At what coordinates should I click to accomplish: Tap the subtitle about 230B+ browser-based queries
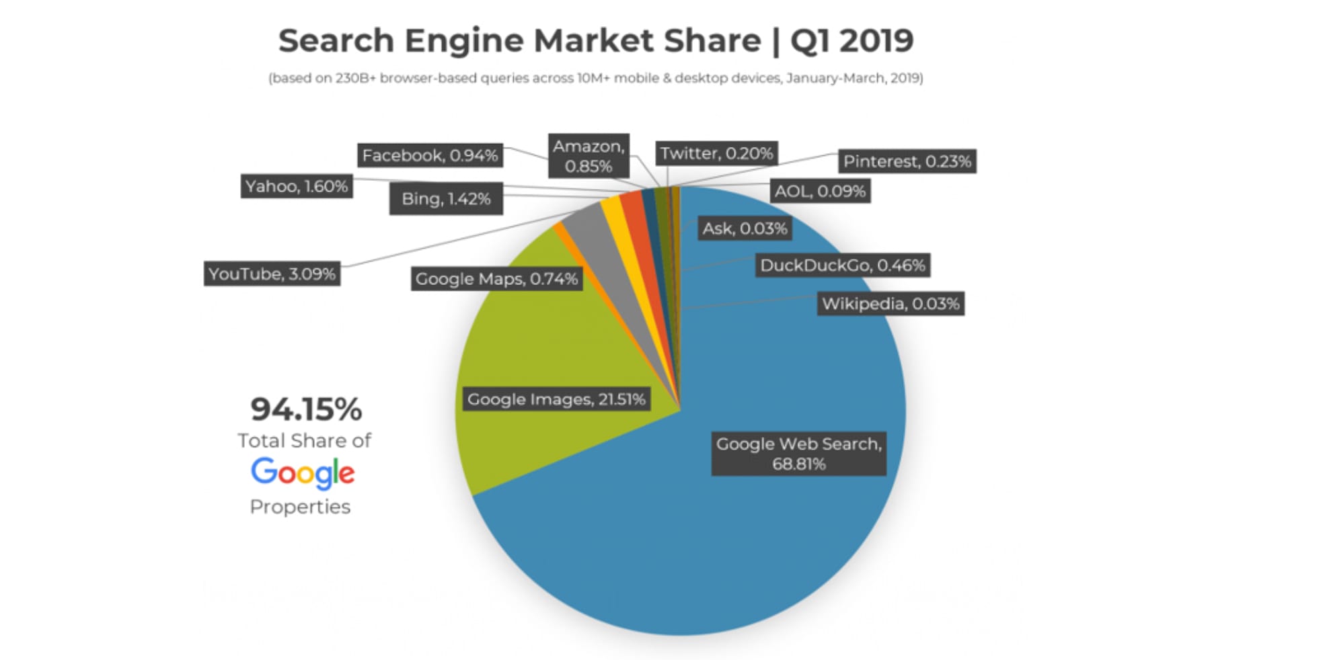(595, 78)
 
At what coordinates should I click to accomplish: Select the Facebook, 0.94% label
(430, 155)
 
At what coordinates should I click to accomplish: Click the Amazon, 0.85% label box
(589, 156)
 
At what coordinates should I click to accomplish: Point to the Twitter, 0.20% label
(716, 153)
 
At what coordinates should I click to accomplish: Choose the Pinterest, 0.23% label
(907, 161)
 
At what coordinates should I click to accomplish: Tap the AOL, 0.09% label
(820, 191)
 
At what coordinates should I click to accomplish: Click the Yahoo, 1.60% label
(296, 186)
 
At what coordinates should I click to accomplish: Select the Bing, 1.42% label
(446, 199)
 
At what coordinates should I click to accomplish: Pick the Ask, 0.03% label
(745, 229)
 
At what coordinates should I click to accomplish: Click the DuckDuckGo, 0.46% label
(843, 265)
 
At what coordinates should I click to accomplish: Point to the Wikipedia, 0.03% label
(891, 304)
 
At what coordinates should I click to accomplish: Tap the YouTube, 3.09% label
(272, 274)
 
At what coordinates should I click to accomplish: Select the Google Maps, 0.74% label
(496, 279)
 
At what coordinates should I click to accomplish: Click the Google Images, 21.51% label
(556, 399)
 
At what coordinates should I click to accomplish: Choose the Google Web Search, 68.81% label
(798, 454)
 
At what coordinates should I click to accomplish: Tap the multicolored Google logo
(303, 473)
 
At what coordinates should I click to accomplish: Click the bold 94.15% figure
(306, 409)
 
